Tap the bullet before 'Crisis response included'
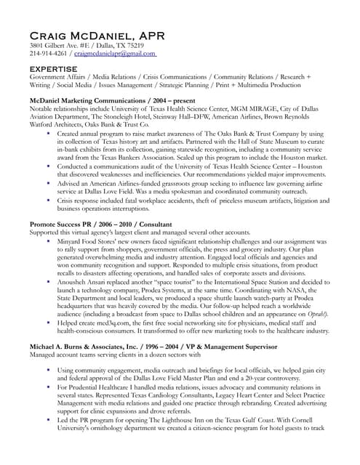(48, 199)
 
